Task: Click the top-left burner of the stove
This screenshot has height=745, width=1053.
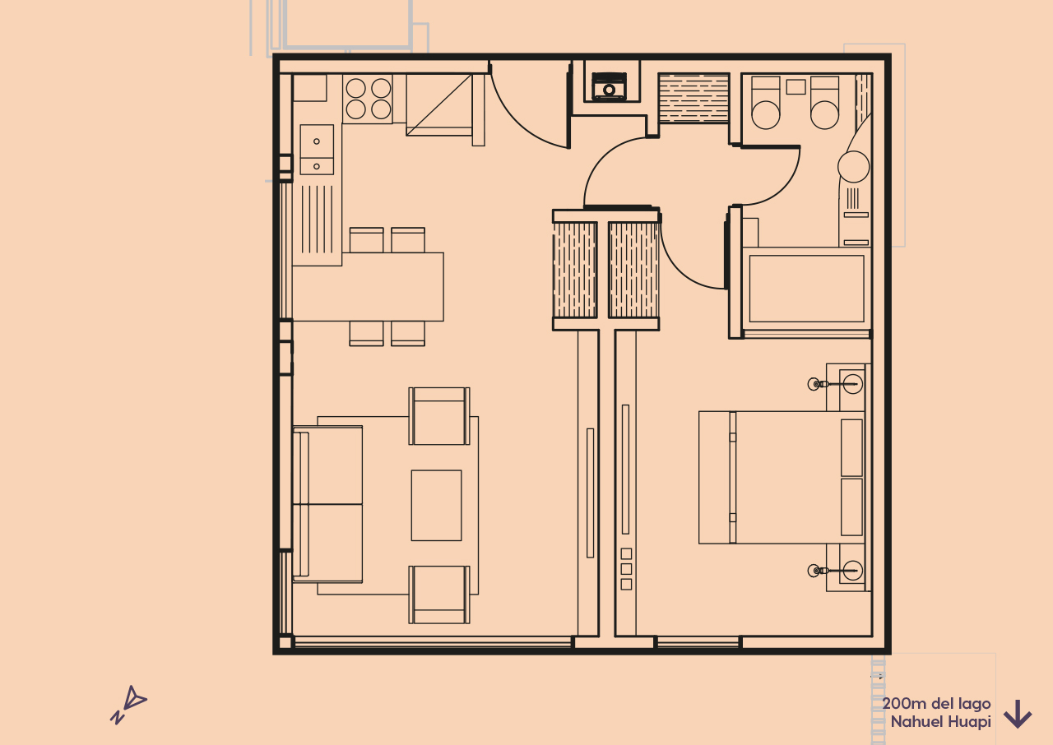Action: point(355,88)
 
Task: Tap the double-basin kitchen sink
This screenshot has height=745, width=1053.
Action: point(317,150)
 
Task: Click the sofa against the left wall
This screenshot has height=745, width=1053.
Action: point(327,504)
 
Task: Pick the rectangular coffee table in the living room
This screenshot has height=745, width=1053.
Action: point(436,505)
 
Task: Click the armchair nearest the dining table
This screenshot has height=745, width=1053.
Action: point(439,416)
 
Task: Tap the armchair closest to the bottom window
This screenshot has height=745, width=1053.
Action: point(439,594)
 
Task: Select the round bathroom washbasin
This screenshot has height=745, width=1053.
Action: point(853,167)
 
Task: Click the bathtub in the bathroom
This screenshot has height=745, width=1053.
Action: point(806,289)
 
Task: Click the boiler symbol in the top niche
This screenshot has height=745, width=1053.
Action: point(610,86)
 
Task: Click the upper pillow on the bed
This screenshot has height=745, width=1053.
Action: point(851,447)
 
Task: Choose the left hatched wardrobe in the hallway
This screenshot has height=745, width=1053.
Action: point(574,270)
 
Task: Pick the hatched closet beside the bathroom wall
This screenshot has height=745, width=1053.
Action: point(693,99)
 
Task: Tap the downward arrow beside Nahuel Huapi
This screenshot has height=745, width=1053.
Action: point(1018,714)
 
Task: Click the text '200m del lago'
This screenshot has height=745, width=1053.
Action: point(936,704)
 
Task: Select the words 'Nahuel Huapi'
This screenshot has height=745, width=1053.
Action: point(940,722)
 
